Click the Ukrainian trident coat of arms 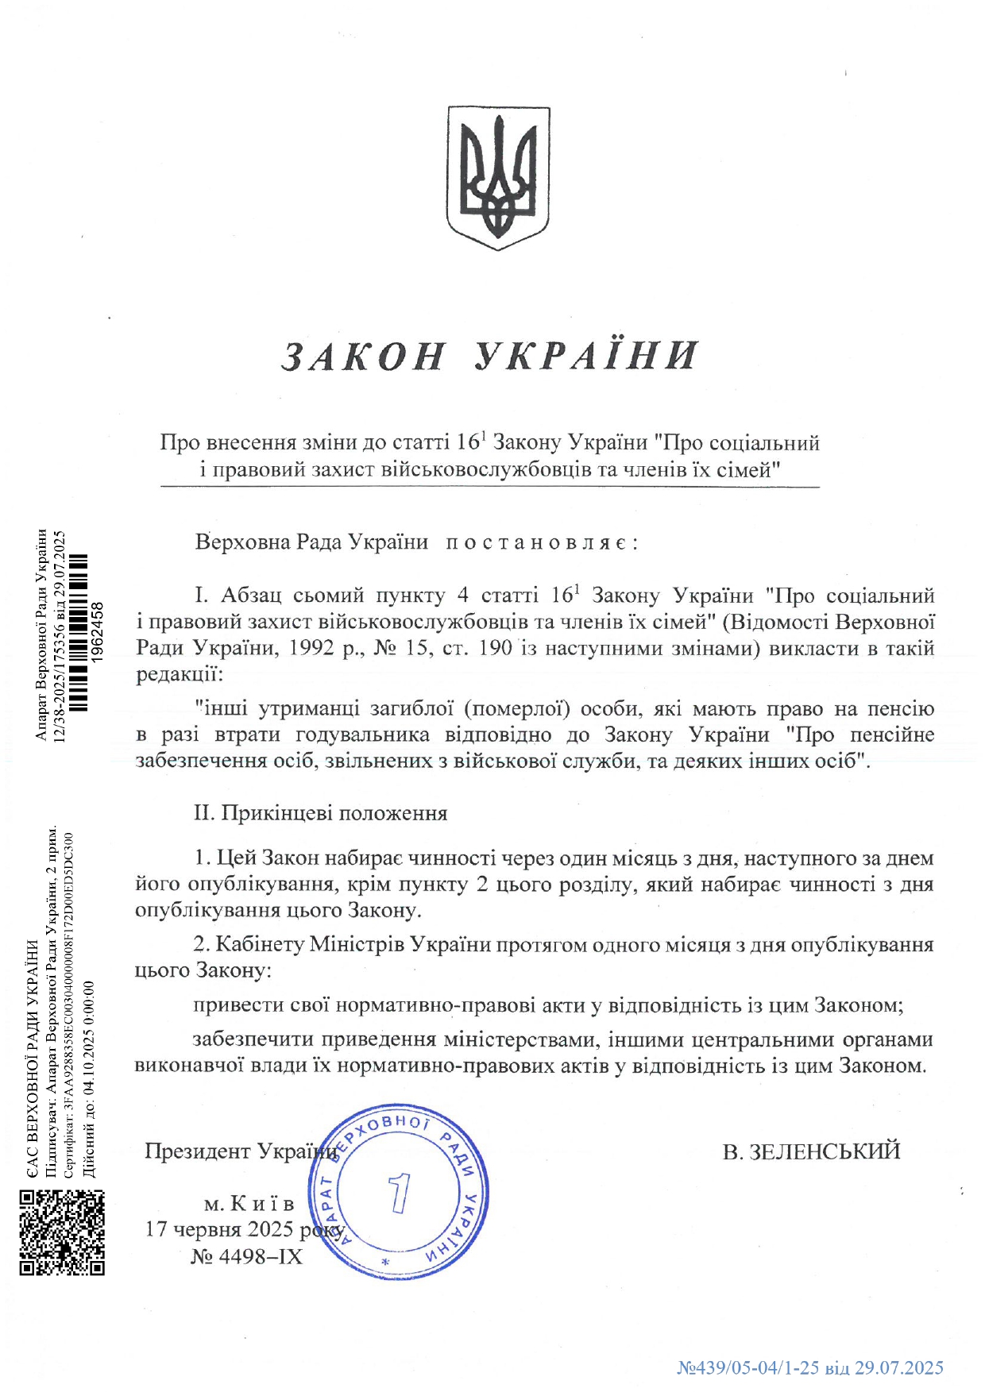coord(497,178)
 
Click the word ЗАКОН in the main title coord(364,357)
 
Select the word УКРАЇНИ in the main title coord(586,355)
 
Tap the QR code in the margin coord(62,1232)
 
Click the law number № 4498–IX coord(246,1256)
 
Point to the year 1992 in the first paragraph coord(311,649)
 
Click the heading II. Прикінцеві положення coord(321,813)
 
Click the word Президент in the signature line coord(198,1151)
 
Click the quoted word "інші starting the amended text coord(222,708)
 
